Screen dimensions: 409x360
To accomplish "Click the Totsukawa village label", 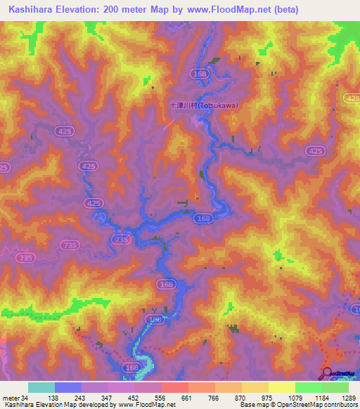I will pos(204,105).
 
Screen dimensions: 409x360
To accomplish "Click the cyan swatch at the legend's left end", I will pos(41,387).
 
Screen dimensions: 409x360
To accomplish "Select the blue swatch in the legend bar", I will pos(67,387).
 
